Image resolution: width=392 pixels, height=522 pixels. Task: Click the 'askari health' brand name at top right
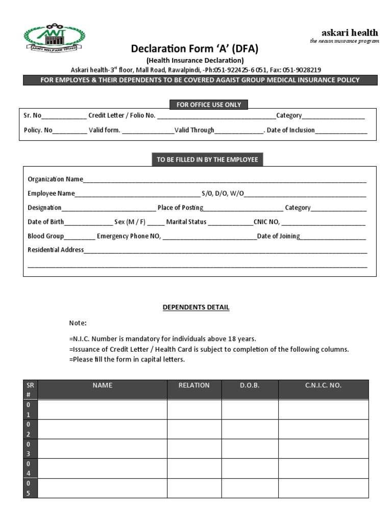pos(350,33)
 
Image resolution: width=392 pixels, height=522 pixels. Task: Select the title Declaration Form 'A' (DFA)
pos(194,49)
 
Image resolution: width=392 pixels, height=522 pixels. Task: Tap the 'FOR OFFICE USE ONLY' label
pos(208,105)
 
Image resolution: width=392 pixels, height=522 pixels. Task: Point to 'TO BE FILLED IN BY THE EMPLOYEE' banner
pos(207,160)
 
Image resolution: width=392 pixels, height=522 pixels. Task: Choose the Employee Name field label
pos(51,193)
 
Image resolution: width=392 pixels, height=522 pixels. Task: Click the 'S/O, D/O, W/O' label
pos(223,193)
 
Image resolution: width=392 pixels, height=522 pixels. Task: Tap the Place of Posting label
pos(180,207)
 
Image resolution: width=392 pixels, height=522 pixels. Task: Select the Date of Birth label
pos(46,222)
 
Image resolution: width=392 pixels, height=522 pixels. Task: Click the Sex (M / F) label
pos(130,222)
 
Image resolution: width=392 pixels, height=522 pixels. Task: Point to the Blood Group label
pos(46,236)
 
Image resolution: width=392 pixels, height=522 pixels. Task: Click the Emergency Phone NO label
pos(129,236)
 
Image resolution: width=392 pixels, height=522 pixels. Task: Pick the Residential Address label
pos(56,250)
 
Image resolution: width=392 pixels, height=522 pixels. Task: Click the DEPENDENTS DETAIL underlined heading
pos(196,307)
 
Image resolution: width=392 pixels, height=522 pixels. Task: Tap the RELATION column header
pos(194,385)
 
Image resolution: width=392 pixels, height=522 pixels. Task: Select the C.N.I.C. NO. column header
pos(323,385)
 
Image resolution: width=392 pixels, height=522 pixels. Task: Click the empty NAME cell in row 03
pos(103,449)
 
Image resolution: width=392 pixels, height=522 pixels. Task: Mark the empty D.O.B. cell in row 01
pos(250,409)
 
